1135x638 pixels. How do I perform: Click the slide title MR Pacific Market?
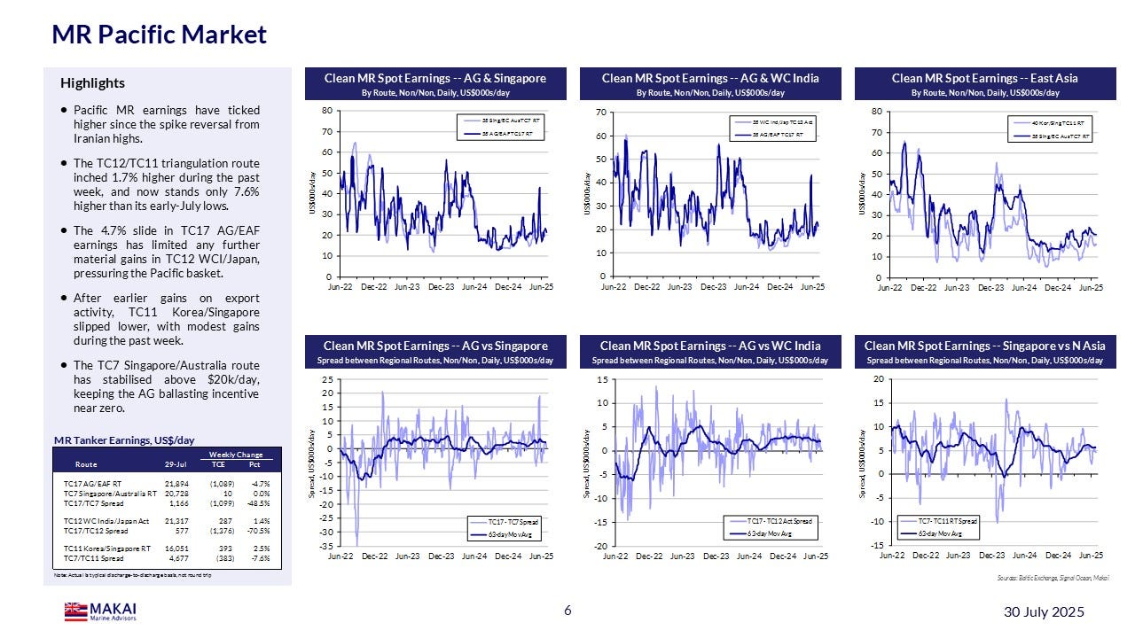click(x=160, y=35)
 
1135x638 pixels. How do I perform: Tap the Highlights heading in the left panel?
click(x=92, y=83)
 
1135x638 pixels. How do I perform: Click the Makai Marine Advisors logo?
click(x=100, y=611)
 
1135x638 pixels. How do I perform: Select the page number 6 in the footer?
click(x=568, y=611)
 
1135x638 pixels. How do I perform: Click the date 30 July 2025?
click(x=1044, y=612)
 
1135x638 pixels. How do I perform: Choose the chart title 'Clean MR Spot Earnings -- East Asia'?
click(x=984, y=79)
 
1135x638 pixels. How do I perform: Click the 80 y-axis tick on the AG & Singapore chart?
click(x=326, y=111)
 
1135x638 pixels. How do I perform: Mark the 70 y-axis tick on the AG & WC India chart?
click(x=600, y=112)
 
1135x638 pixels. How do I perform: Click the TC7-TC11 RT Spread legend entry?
click(x=946, y=521)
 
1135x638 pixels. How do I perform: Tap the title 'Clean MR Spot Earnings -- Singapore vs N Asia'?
click(x=984, y=346)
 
